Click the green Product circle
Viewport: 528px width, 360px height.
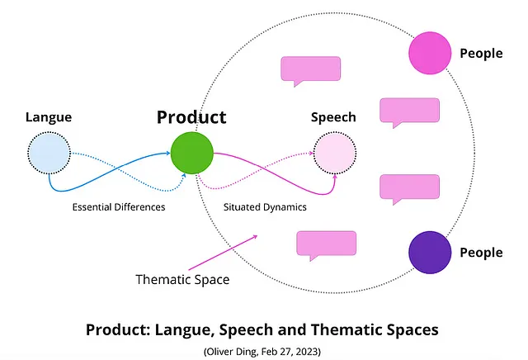click(x=192, y=153)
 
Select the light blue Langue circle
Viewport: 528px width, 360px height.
click(x=49, y=153)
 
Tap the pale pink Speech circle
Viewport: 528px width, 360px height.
click(x=334, y=153)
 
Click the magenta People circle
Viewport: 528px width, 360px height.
click(x=430, y=52)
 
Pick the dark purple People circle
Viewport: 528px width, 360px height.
click(x=430, y=252)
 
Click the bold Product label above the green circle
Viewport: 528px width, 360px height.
click(x=191, y=117)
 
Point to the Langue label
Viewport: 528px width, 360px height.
click(x=49, y=117)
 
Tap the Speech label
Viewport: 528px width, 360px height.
click(x=333, y=117)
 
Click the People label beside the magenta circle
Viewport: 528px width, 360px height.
click(x=481, y=53)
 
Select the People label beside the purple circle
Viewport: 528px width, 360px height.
click(x=481, y=252)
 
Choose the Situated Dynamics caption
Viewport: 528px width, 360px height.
click(x=266, y=207)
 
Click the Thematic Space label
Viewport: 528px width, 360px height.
click(x=182, y=279)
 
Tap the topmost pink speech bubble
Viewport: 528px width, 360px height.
click(x=310, y=70)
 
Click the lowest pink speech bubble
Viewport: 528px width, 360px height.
click(x=325, y=244)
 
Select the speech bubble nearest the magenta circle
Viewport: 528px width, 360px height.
click(x=408, y=111)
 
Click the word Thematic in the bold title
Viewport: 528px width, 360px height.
click(x=333, y=329)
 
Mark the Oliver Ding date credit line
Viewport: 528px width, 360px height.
click(x=262, y=350)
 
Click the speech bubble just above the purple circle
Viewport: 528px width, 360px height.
click(x=408, y=187)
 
